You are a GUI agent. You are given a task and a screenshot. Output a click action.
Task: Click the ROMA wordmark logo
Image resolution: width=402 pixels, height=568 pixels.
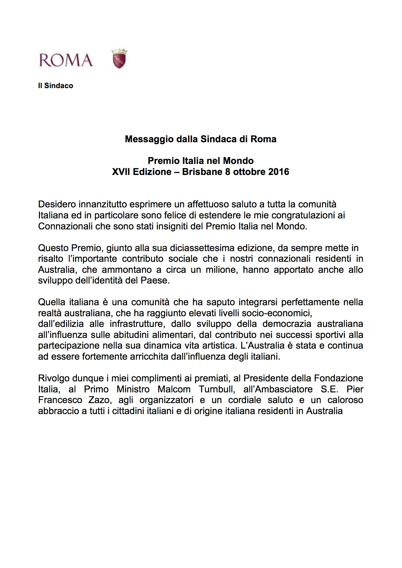tap(66, 60)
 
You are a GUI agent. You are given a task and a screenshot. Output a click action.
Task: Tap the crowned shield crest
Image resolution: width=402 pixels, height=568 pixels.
tap(119, 59)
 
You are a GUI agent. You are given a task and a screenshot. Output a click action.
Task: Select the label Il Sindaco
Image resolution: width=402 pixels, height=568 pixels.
tap(55, 86)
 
